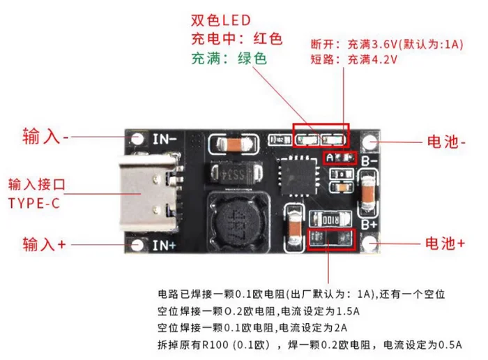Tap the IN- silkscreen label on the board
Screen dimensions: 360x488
[x=165, y=137]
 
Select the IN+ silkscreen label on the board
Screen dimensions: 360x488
[x=165, y=245]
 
